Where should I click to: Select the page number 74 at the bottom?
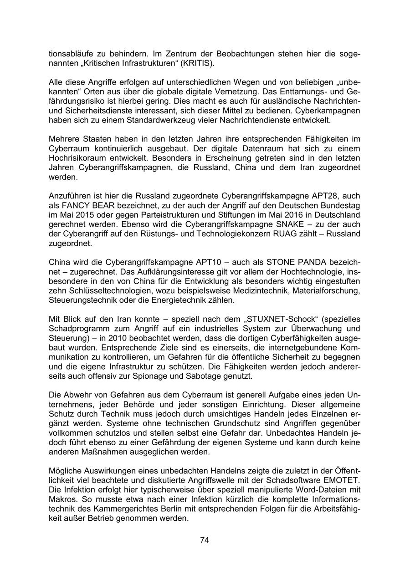click(x=205, y=540)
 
